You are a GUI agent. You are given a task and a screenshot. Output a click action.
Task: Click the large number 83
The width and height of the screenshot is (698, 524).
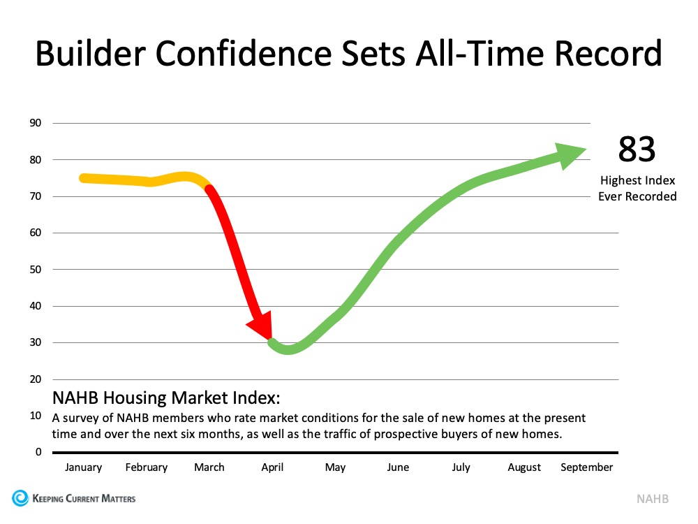637,150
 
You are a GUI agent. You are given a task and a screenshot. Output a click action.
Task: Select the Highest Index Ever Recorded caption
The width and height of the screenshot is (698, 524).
637,189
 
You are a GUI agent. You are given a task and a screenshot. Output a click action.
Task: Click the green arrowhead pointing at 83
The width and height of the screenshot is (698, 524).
570,154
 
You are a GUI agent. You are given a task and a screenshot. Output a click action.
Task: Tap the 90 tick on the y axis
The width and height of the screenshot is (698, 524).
36,124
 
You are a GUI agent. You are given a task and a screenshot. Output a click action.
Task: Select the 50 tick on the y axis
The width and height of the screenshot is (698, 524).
36,270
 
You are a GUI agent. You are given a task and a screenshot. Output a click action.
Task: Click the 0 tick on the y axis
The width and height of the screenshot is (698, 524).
38,452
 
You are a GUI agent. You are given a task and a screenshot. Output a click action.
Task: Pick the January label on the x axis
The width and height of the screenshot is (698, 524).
83,467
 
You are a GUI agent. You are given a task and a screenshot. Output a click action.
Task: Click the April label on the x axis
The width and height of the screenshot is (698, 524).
272,467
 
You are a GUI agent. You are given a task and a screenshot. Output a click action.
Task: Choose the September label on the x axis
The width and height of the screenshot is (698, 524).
586,467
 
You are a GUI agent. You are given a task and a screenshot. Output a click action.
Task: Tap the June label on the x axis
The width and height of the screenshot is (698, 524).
398,467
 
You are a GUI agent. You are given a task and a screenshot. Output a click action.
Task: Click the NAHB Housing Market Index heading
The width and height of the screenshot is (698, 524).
166,399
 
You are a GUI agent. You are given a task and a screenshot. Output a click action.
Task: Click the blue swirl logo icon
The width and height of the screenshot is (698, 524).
20,498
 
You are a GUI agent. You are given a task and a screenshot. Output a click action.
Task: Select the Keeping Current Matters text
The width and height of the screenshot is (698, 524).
84,499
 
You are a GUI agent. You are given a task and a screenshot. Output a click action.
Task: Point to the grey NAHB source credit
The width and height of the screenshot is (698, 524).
651,499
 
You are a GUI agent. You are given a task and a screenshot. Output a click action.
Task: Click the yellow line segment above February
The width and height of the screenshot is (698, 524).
147,182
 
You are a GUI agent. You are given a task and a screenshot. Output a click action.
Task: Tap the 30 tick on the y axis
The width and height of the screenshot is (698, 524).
36,342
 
